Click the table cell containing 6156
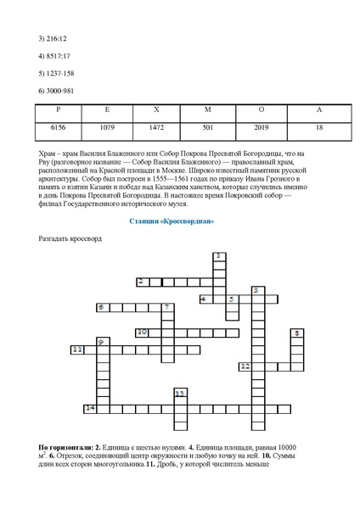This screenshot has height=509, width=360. coord(59,128)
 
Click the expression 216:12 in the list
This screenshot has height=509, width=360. coord(53,39)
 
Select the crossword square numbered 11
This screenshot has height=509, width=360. coord(77,350)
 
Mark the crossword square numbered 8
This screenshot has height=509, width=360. coord(296,333)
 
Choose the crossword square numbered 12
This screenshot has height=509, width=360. coord(245,366)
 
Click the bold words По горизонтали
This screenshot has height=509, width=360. coord(65,446)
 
